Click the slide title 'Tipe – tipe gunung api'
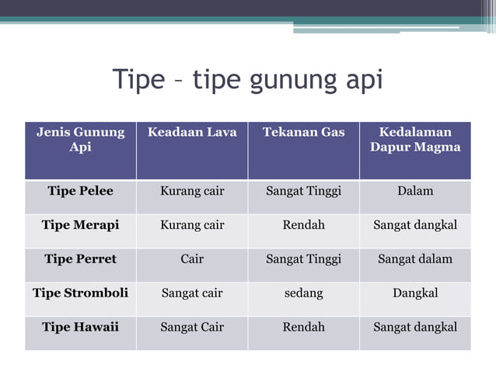click(x=248, y=80)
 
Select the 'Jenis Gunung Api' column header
click(x=80, y=140)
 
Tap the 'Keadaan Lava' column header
click(x=192, y=132)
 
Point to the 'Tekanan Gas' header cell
click(x=303, y=132)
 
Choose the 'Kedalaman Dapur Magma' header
click(x=415, y=140)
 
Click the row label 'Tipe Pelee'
click(x=80, y=191)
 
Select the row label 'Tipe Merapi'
click(x=80, y=225)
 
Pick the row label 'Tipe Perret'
click(x=80, y=259)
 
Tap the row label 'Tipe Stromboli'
click(x=80, y=293)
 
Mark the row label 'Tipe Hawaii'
click(x=80, y=328)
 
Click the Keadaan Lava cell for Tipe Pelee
click(x=192, y=191)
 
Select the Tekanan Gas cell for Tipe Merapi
click(x=303, y=225)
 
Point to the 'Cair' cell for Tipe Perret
click(x=192, y=259)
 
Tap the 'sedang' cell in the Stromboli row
click(x=303, y=293)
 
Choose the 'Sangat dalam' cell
click(x=415, y=259)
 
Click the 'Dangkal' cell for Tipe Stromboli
click(x=415, y=293)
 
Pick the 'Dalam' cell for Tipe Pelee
click(x=415, y=191)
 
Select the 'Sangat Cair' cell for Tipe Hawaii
click(x=192, y=328)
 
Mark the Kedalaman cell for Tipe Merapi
click(x=415, y=225)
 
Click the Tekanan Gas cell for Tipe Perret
click(x=303, y=259)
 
